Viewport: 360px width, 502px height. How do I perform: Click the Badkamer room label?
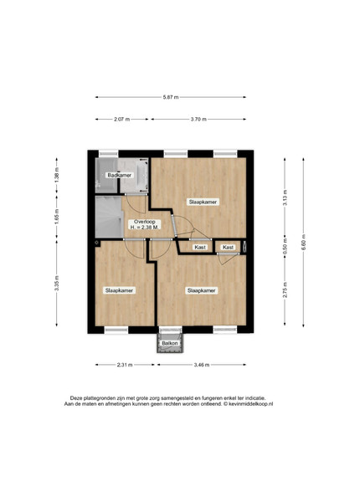(x=119, y=175)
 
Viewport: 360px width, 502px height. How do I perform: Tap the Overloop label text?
(x=145, y=222)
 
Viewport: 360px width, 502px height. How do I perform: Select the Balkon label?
(x=169, y=343)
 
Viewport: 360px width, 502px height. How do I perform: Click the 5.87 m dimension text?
(x=171, y=97)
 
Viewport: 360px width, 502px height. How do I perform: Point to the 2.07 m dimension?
(x=121, y=119)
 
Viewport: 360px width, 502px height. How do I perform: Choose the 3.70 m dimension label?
(x=198, y=119)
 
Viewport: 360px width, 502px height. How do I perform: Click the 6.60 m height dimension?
(x=303, y=243)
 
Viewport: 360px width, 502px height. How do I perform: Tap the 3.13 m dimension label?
(x=285, y=198)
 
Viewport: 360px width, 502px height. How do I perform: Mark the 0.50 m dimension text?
(x=285, y=246)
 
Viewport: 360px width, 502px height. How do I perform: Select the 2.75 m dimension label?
(x=285, y=289)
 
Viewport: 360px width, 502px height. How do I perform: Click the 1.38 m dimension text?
(x=57, y=176)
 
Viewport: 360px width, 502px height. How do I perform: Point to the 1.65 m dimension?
(x=57, y=217)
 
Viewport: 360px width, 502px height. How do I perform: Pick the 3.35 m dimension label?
(x=57, y=284)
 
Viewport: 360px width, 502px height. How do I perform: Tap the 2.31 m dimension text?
(x=125, y=365)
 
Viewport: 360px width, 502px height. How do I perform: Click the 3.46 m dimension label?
(x=202, y=365)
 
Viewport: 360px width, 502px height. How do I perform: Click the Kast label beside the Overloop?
(x=200, y=247)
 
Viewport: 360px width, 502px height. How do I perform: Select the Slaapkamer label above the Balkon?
(x=202, y=290)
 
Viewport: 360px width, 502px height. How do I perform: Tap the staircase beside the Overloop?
(x=109, y=217)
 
